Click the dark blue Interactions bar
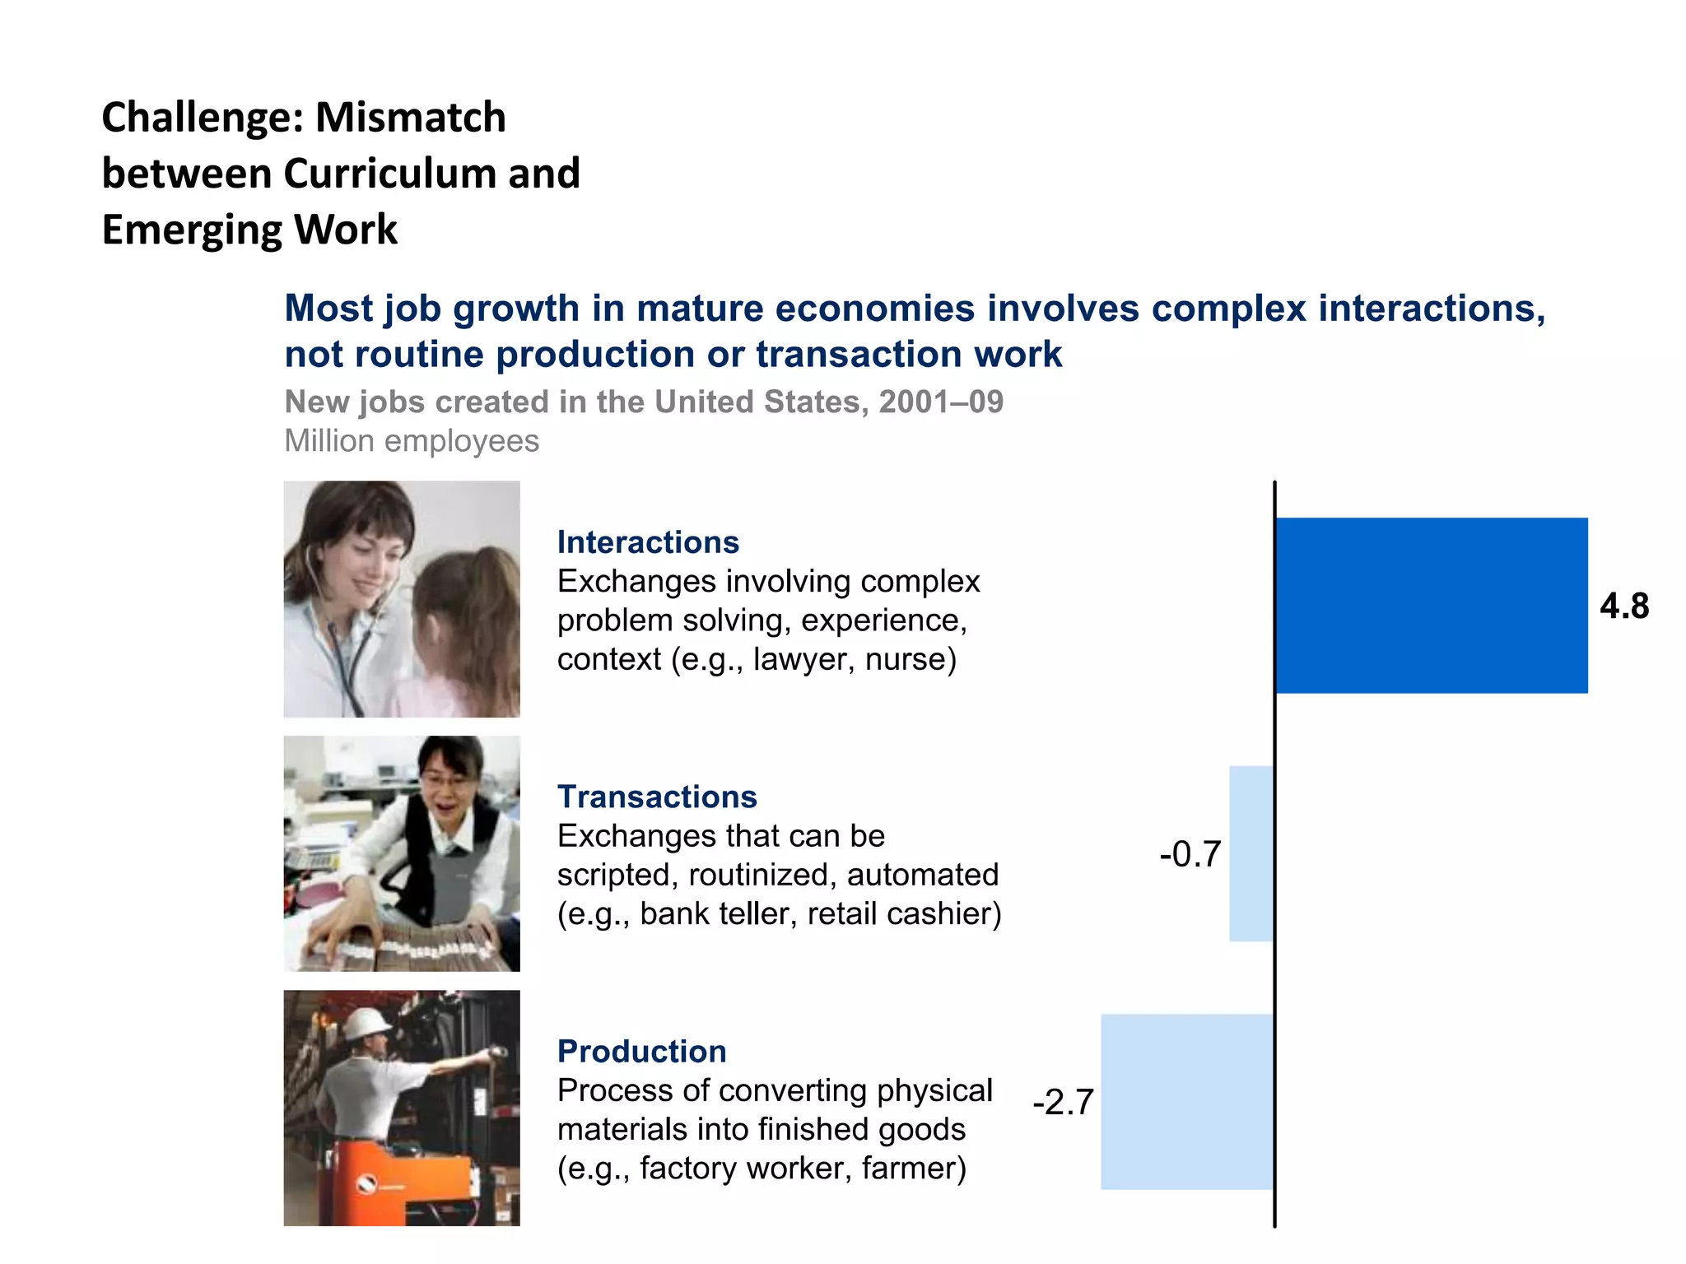click(x=1431, y=605)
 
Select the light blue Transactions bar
click(x=1251, y=853)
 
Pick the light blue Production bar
click(x=1187, y=1101)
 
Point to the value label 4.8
click(x=1624, y=606)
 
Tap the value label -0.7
click(x=1190, y=854)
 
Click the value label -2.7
click(x=1063, y=1102)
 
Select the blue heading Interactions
click(x=648, y=542)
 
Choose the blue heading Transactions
click(x=657, y=797)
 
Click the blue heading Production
click(x=641, y=1051)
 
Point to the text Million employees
click(x=412, y=441)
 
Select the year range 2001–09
click(x=941, y=402)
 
